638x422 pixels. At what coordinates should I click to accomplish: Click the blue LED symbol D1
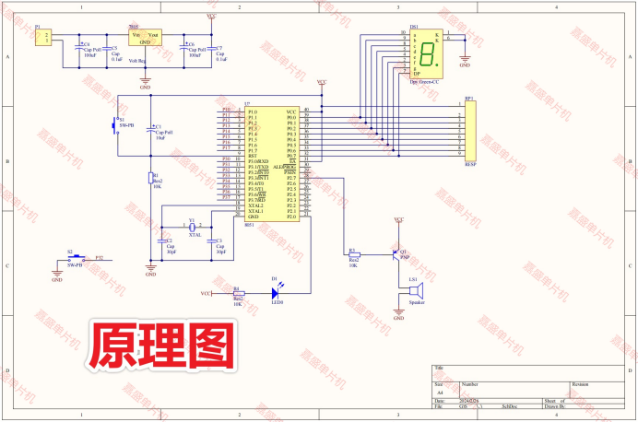(x=274, y=293)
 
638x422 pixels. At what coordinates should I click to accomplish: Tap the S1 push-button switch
(x=116, y=124)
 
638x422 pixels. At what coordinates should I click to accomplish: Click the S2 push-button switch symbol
(x=72, y=259)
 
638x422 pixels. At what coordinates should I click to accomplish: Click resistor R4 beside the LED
(x=237, y=293)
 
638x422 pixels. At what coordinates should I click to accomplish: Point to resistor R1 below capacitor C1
(x=151, y=179)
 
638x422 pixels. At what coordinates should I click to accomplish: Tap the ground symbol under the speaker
(x=398, y=318)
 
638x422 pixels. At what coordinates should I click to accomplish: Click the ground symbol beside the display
(x=464, y=61)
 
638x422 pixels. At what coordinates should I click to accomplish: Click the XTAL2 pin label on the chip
(x=255, y=205)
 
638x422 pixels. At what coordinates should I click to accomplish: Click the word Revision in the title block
(x=580, y=383)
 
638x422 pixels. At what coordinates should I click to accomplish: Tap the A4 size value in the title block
(x=440, y=392)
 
